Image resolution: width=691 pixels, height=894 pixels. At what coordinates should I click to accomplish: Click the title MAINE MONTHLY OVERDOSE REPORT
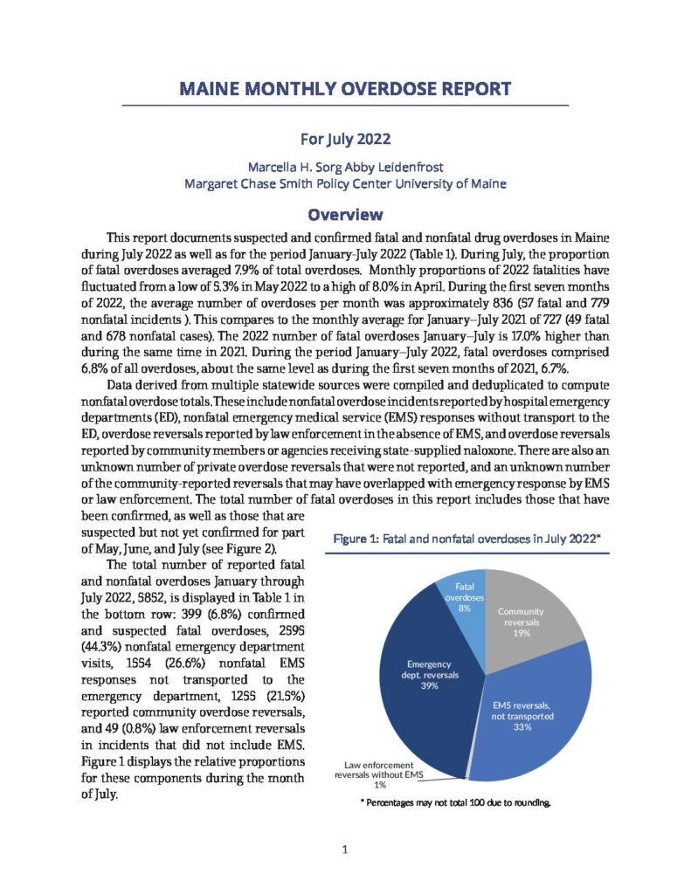coord(345,89)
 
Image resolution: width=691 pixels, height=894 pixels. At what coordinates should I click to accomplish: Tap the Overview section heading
coord(345,214)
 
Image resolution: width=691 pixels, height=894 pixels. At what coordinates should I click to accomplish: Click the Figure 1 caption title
coord(467,540)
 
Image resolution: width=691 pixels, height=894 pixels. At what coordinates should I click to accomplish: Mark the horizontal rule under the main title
coord(345,106)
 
